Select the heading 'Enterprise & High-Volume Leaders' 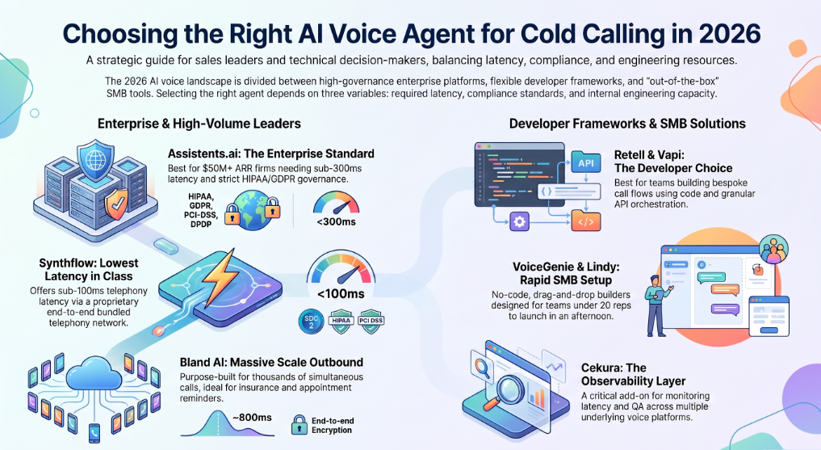pos(199,124)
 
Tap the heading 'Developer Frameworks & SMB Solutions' pos(627,124)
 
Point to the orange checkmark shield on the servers pos(115,204)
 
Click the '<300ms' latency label pos(336,221)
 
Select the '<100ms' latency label pos(341,294)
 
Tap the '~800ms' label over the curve pos(252,418)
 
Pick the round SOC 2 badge pos(311,321)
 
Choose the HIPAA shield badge pos(341,321)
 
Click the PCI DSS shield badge pos(371,321)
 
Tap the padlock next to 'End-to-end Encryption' pos(299,425)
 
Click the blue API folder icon pos(585,162)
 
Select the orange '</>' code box pos(585,221)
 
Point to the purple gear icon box pos(519,221)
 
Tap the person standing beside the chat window pos(656,305)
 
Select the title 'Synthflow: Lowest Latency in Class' pos(89,269)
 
